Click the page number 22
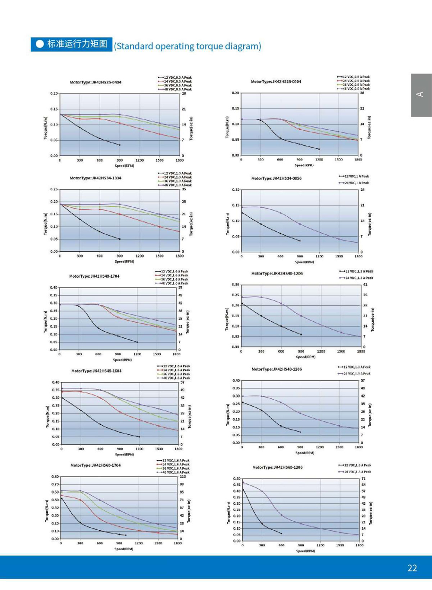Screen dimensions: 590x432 (x=412, y=568)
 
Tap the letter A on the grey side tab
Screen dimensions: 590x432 (x=419, y=94)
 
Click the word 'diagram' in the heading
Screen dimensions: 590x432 (x=242, y=46)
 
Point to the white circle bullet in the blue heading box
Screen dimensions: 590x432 (x=40, y=44)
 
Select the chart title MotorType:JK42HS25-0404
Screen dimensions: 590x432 (x=95, y=82)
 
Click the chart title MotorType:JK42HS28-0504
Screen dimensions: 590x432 (x=276, y=81)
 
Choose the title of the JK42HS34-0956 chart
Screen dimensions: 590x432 (x=276, y=178)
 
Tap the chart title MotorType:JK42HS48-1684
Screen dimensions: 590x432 (x=96, y=371)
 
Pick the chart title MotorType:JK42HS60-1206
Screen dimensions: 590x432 (x=277, y=467)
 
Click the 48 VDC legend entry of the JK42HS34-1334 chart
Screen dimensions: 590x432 (x=177, y=185)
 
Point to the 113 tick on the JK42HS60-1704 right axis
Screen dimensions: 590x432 (x=182, y=477)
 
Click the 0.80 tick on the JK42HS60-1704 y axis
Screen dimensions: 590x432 (x=55, y=477)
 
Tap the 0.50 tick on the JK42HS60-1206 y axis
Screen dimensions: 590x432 (x=236, y=479)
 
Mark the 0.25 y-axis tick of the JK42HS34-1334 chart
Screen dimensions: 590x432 (x=54, y=189)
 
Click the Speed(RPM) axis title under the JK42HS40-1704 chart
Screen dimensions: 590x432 (x=122, y=359)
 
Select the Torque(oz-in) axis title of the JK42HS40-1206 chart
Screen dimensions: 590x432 (x=372, y=320)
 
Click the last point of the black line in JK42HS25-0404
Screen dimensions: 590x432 (x=120, y=145)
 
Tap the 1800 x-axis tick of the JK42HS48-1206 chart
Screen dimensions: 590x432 (x=359, y=447)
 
